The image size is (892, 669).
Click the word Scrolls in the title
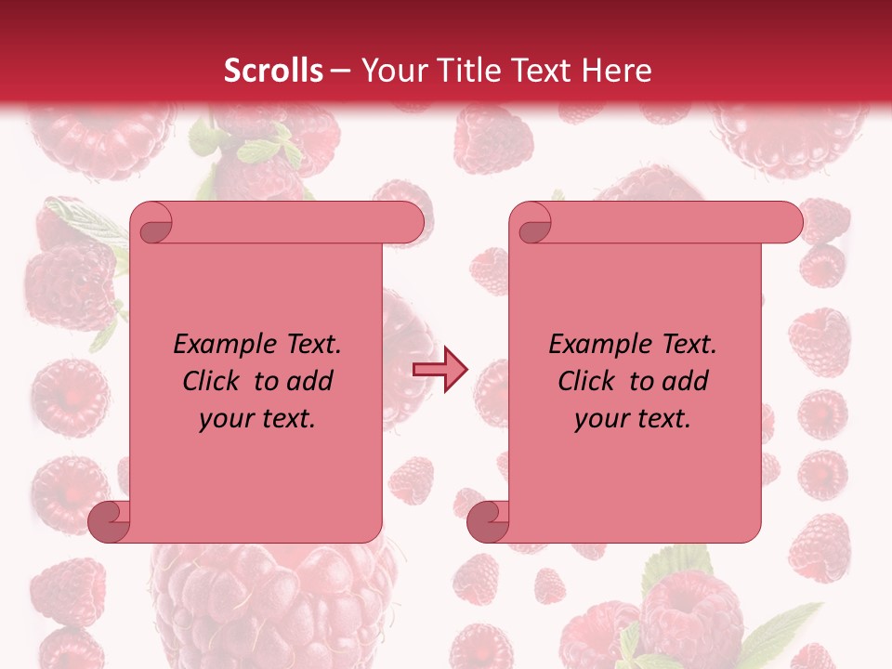(x=273, y=71)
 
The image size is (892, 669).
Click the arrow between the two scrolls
(x=440, y=369)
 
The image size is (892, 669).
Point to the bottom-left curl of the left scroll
(x=109, y=521)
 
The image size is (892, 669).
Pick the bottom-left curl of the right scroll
(x=488, y=521)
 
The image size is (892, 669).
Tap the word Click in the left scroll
(x=203, y=382)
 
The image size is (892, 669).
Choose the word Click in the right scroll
(x=578, y=382)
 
